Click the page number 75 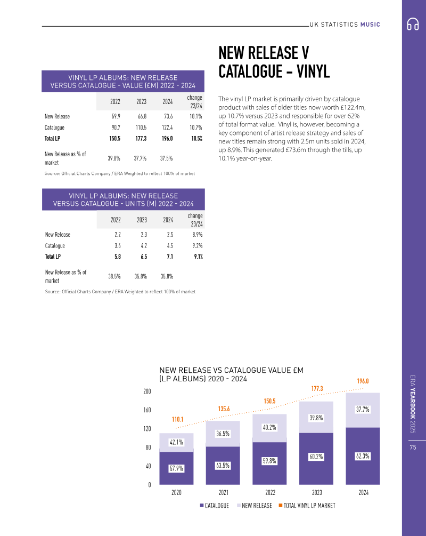coord(413,447)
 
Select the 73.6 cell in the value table coord(168,116)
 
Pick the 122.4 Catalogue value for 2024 coord(167,127)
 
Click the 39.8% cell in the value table coord(114,158)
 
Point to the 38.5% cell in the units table coord(114,276)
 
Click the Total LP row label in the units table coord(53,257)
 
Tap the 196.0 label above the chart coord(363,381)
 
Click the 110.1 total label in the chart coord(177,419)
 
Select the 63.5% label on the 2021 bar coord(223,466)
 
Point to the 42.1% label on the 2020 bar coord(176,442)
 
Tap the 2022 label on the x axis coord(270,492)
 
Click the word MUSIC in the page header coord(370,25)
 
